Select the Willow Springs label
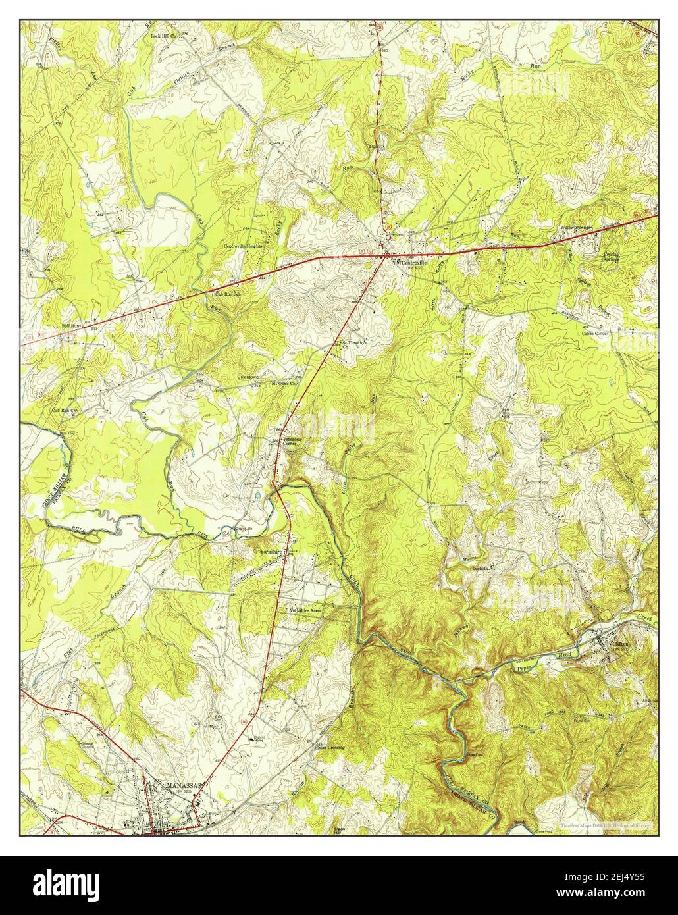pyautogui.click(x=576, y=227)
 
